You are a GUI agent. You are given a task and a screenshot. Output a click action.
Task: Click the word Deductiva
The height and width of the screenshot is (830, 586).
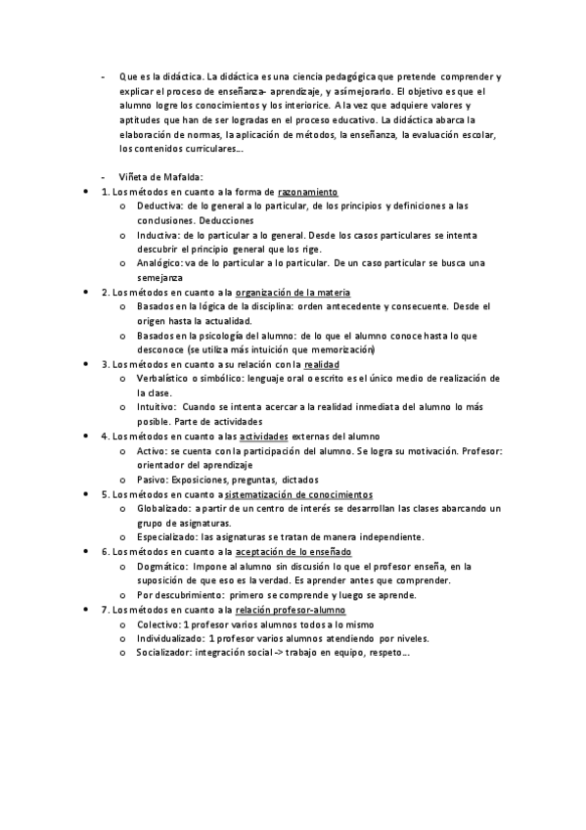pos(158,206)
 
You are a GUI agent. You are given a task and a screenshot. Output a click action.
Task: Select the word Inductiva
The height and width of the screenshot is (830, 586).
pos(158,235)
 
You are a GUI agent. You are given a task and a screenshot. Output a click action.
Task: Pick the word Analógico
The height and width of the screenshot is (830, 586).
pos(159,263)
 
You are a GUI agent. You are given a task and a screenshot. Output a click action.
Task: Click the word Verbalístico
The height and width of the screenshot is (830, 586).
pos(163,378)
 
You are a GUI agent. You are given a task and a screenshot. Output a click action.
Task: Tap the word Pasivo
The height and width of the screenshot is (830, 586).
pos(152,480)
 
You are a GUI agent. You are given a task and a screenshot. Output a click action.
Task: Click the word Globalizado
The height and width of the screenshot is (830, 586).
pos(162,508)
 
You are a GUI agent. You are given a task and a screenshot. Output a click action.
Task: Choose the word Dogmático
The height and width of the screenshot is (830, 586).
pos(161,566)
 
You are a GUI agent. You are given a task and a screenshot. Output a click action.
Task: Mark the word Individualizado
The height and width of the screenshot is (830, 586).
pos(170,638)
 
